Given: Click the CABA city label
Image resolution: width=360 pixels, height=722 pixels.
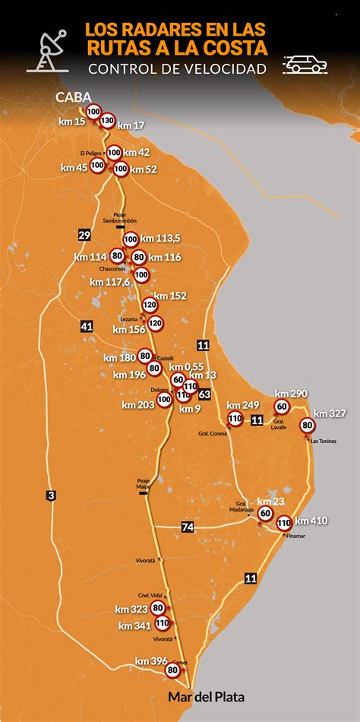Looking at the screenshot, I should [x=74, y=97].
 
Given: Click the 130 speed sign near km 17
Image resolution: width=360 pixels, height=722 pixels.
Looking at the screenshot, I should [x=107, y=120].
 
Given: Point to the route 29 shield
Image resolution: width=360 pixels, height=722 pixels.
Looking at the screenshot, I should [x=84, y=236].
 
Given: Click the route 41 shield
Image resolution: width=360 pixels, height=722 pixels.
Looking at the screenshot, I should [x=87, y=327].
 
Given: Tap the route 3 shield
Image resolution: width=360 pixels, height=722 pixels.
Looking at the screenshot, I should [x=51, y=496].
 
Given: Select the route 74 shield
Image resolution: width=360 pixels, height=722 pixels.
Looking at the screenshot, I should [x=188, y=527].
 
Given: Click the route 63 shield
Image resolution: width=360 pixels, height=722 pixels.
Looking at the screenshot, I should [x=204, y=394].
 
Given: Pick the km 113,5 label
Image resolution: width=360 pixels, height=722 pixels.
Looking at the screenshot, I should [x=162, y=239].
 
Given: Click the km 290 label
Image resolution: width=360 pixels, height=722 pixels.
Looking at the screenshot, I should [x=292, y=394].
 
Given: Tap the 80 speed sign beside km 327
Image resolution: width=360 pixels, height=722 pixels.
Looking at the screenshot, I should [x=308, y=426].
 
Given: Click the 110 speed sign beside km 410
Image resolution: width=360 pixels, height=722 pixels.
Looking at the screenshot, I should [x=284, y=523].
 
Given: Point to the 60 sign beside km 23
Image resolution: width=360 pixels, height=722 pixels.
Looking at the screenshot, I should [x=264, y=514].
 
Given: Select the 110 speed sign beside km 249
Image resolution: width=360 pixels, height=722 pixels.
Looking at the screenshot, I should [x=235, y=419].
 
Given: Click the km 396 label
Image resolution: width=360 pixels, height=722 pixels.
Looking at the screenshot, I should [x=151, y=660].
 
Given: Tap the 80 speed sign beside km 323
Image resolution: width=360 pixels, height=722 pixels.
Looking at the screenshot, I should [x=157, y=608].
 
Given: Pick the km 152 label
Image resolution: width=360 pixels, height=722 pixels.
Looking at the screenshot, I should [x=170, y=296].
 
